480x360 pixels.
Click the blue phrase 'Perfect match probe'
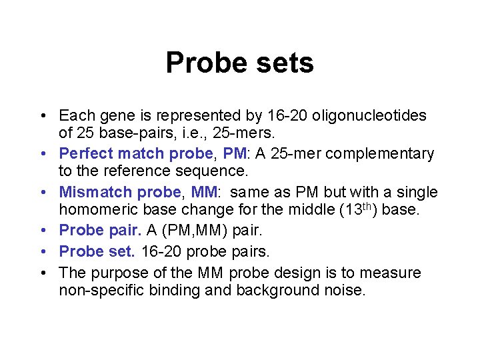coord(136,154)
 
